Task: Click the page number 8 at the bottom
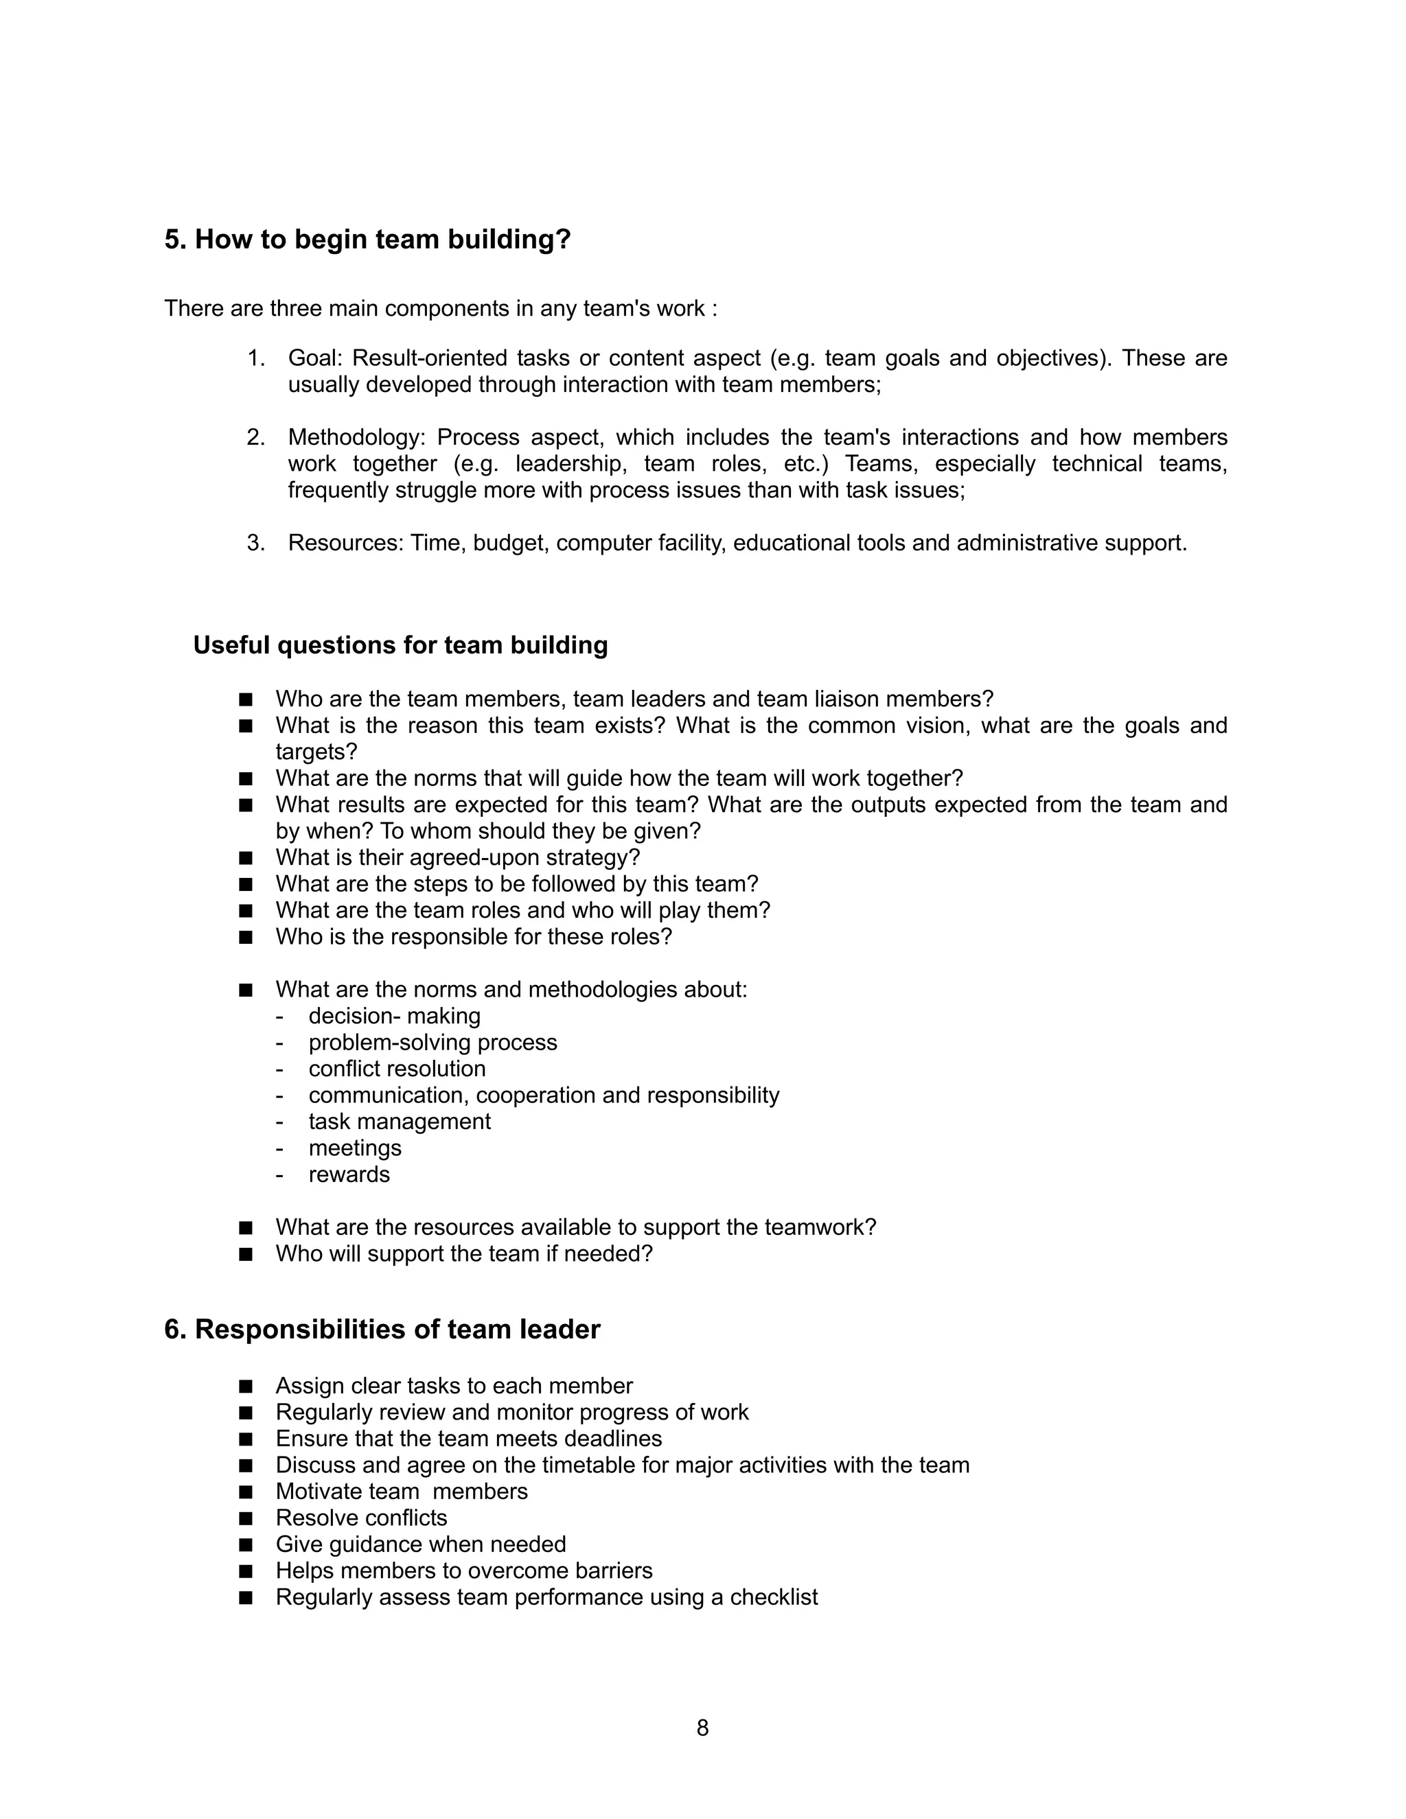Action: (x=702, y=1728)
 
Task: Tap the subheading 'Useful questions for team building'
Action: (x=401, y=645)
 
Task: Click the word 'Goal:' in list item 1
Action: (x=315, y=358)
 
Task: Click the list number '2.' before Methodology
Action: (x=255, y=437)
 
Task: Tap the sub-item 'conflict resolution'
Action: (x=397, y=1069)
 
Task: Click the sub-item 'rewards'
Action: (x=349, y=1174)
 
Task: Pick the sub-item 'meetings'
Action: (x=355, y=1148)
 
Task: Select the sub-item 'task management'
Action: (x=399, y=1122)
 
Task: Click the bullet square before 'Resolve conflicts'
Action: (x=245, y=1518)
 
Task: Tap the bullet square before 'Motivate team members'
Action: (x=245, y=1492)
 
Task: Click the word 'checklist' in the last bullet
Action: (x=774, y=1597)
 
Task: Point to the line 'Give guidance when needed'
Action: (x=421, y=1544)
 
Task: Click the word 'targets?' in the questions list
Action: (x=316, y=751)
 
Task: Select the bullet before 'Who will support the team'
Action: (x=245, y=1254)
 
